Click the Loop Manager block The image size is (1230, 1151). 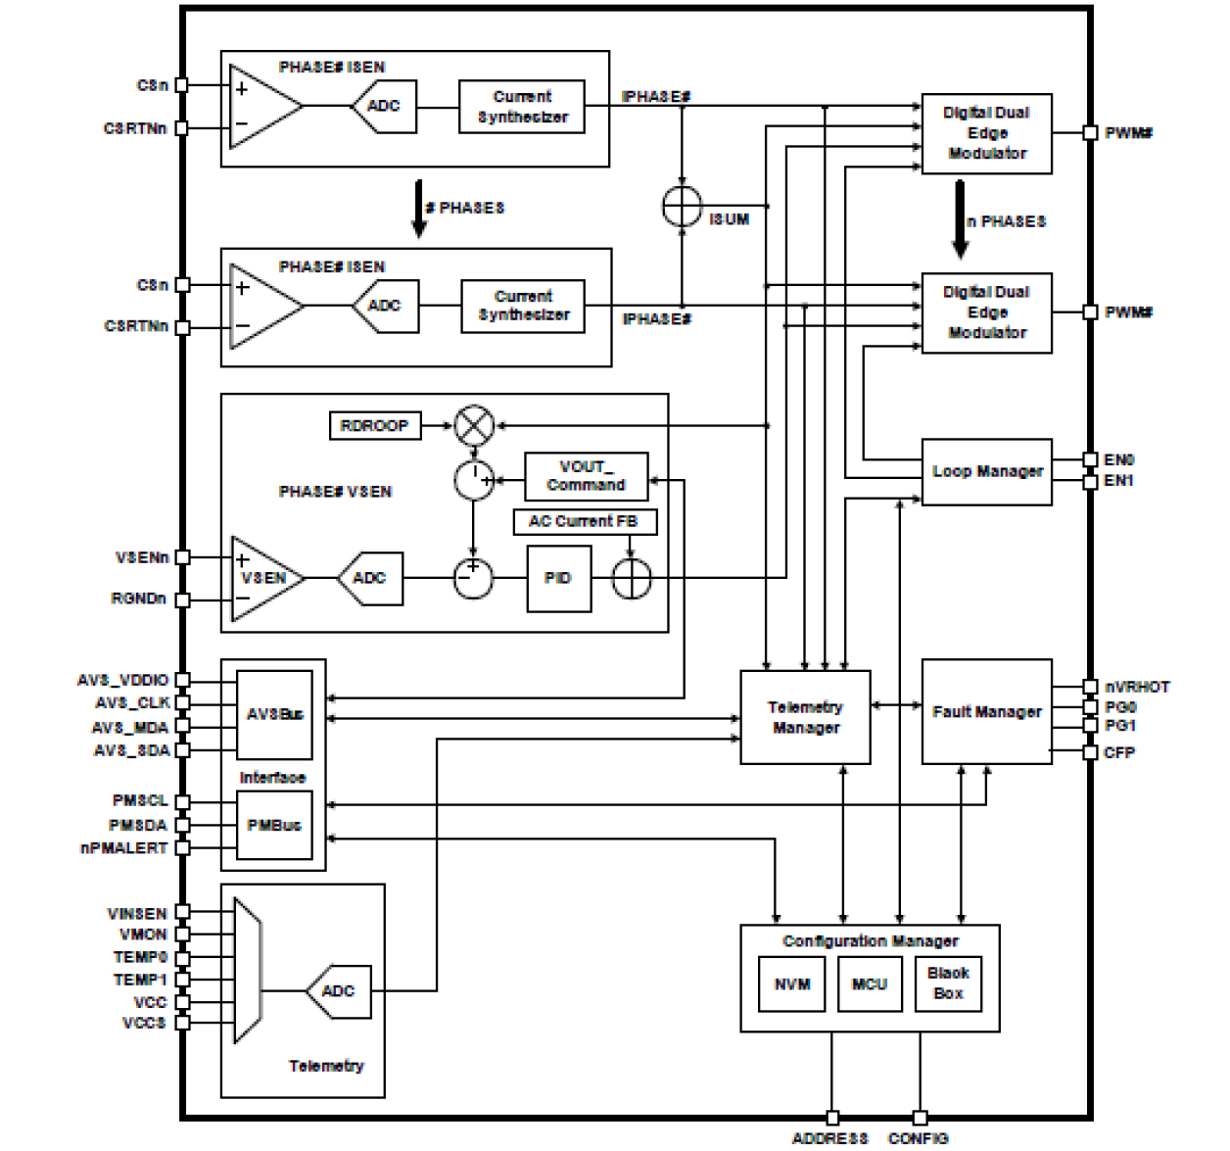(986, 472)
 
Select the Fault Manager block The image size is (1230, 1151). (986, 712)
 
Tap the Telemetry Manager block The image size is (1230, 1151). (805, 717)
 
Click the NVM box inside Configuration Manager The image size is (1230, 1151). (791, 984)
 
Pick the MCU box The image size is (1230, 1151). (869, 984)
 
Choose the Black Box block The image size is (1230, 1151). (947, 983)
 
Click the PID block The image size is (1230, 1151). (558, 578)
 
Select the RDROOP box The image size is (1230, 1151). (374, 426)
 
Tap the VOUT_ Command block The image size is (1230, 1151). (586, 476)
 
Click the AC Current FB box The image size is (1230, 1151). (584, 522)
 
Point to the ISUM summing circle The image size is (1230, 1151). (682, 207)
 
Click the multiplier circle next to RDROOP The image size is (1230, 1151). (475, 426)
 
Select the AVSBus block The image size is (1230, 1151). (274, 714)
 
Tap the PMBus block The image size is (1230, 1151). (274, 825)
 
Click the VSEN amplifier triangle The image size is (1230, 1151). (262, 578)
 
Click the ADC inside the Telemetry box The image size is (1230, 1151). (339, 991)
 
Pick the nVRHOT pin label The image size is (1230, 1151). (1136, 687)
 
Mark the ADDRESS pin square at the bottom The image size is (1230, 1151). (832, 1118)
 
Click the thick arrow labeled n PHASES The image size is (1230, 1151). (960, 218)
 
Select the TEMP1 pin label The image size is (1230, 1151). (140, 980)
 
